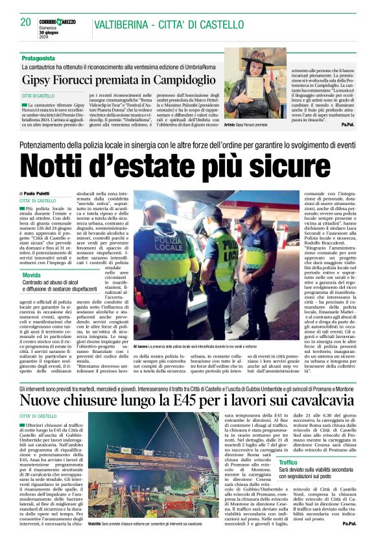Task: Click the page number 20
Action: [x=25, y=22]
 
